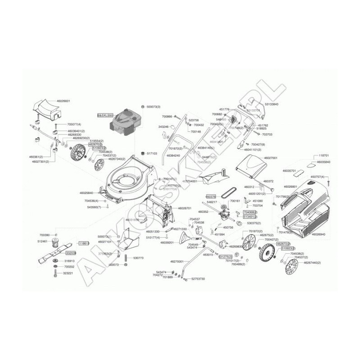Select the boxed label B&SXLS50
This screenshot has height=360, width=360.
[105, 116]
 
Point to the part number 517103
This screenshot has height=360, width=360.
[152, 153]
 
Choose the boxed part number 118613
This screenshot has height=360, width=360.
[84, 243]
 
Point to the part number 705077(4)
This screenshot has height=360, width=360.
[74, 124]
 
